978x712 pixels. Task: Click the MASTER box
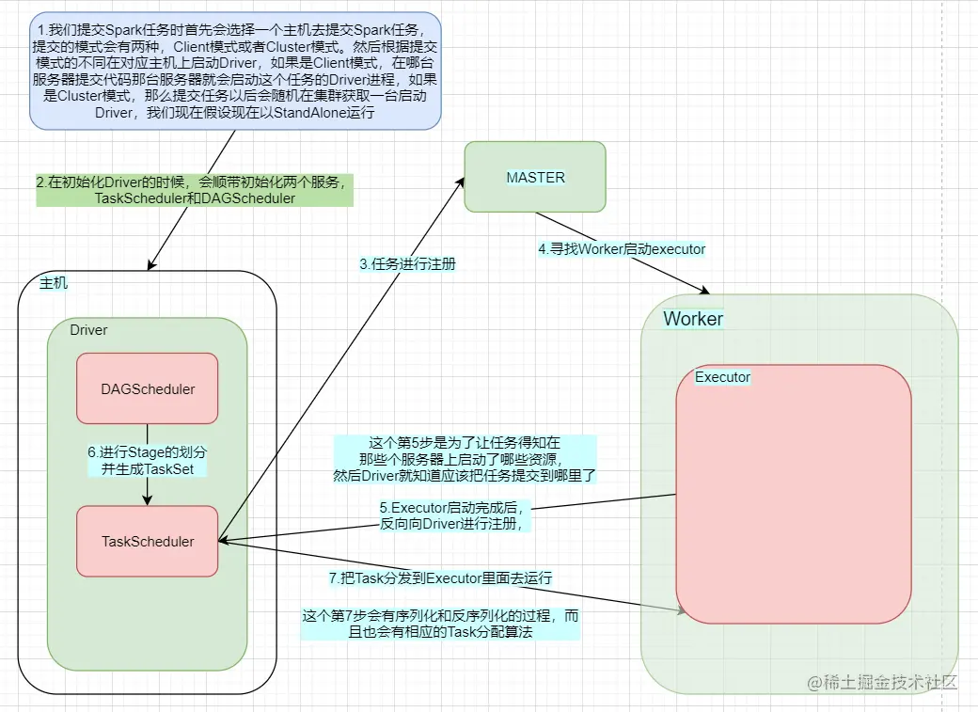(x=535, y=177)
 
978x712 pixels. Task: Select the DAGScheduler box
(x=148, y=388)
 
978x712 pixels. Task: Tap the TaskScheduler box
(x=148, y=541)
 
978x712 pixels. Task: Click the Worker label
(x=693, y=318)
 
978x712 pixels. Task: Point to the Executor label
(x=722, y=377)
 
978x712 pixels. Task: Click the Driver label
(x=88, y=330)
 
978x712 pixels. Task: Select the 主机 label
(x=54, y=283)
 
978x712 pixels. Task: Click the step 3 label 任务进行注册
(x=408, y=264)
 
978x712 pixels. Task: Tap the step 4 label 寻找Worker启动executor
(x=622, y=249)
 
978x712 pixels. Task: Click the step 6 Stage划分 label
(x=148, y=461)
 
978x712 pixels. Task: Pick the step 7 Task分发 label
(x=440, y=578)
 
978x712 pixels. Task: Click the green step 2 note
(x=195, y=190)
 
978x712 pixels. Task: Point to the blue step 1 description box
(x=235, y=71)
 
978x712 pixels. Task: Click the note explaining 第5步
(x=465, y=459)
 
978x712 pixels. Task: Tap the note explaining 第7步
(x=440, y=624)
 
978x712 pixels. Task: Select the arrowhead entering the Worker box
(x=704, y=290)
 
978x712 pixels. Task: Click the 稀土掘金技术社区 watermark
(x=882, y=682)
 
